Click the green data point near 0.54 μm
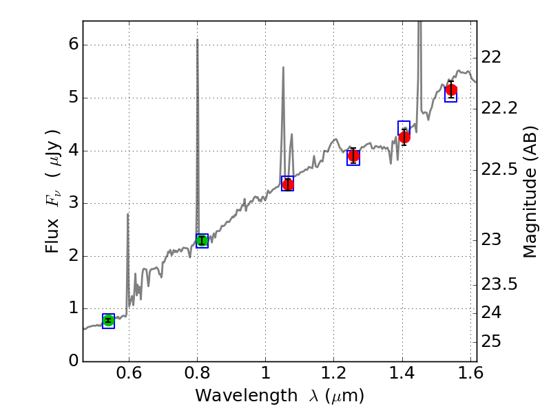(108, 320)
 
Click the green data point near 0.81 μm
(202, 240)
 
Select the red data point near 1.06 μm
(288, 184)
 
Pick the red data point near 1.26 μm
(353, 156)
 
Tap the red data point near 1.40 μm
(404, 136)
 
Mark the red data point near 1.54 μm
(451, 90)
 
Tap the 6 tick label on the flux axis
(73, 45)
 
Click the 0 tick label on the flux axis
(73, 361)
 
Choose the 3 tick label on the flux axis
(73, 203)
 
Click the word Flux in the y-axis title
(53, 237)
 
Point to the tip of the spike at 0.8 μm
(198, 39)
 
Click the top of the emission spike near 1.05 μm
(283, 67)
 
